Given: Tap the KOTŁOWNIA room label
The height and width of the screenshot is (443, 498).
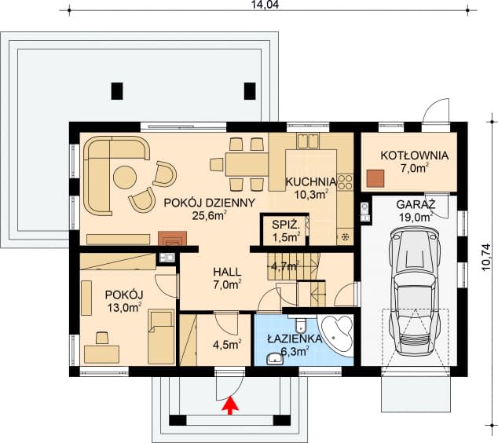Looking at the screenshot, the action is [414, 156].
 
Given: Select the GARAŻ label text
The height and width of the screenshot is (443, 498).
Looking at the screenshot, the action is [415, 204].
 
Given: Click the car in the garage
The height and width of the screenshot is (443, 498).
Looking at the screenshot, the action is [413, 291].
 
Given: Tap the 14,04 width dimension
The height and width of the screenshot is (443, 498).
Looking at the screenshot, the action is [265, 5].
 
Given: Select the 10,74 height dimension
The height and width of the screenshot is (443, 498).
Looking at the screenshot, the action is [487, 257].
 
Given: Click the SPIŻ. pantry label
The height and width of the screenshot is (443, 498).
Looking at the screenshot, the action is [286, 225].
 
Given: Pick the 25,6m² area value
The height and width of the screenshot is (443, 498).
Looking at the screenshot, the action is [209, 216].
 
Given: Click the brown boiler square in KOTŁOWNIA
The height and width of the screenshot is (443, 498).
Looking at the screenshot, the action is [375, 178].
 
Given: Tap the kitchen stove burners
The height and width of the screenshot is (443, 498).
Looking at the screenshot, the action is [346, 182].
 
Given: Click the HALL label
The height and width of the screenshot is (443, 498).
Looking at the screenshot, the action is [227, 272].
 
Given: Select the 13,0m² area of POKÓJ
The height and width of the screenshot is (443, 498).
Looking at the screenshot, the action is [124, 307].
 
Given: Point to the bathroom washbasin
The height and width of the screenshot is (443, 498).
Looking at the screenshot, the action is [275, 358].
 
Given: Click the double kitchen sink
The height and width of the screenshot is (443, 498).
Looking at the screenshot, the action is [308, 141].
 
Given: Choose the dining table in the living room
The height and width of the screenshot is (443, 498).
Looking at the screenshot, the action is [247, 164].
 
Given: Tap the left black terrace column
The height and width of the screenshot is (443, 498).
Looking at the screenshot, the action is [117, 91].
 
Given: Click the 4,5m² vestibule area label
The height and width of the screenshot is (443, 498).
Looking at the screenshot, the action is [227, 344].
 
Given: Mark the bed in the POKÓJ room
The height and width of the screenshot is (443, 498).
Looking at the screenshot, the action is [161, 337].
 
